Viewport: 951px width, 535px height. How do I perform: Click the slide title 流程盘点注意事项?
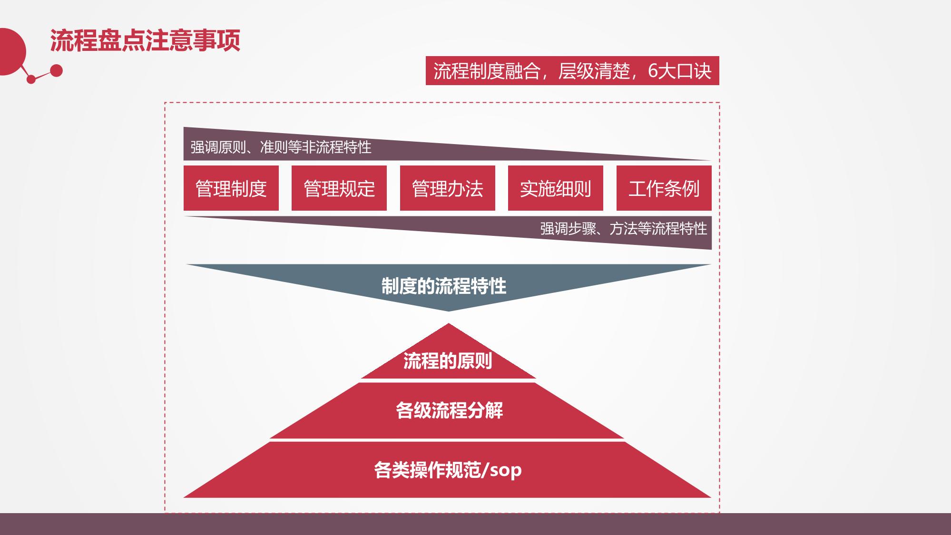coord(145,40)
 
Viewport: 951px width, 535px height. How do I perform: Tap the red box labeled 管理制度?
coord(231,188)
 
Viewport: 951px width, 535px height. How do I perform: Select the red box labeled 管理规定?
coord(339,188)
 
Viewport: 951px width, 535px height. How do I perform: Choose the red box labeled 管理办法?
coord(447,188)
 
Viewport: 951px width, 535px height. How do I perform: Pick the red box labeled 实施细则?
coord(555,188)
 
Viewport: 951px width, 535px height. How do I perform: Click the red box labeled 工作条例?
coord(664,188)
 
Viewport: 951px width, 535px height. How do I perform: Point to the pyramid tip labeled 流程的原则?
coord(448,361)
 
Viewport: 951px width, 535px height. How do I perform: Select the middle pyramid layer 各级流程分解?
coord(449,410)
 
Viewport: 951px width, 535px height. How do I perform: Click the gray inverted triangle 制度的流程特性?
coord(444,286)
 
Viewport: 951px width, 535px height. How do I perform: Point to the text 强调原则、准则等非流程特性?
coord(281,147)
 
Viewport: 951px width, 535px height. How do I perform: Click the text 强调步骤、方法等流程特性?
coord(623,229)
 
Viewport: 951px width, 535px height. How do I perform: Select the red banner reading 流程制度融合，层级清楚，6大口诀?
coord(572,71)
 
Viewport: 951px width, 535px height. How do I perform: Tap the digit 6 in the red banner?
coord(653,71)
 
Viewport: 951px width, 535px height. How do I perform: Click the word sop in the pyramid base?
coord(506,470)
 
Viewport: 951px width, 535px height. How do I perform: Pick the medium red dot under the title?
coord(56,71)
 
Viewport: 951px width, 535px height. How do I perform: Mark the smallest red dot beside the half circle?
coord(31,79)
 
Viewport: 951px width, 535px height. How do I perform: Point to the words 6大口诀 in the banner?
coord(679,71)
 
